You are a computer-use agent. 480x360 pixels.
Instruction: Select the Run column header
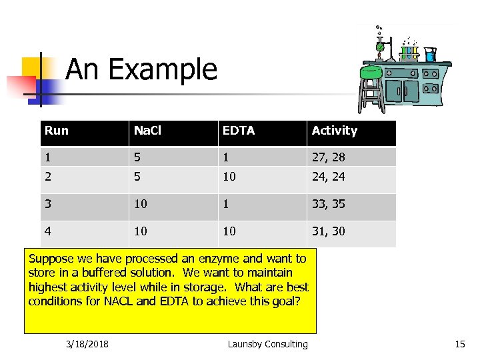[57, 131]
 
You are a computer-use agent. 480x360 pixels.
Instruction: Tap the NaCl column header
[147, 131]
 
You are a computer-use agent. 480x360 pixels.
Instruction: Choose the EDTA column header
[239, 131]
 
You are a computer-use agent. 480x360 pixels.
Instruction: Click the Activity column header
[335, 131]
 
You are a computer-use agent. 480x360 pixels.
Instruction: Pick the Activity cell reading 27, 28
[329, 157]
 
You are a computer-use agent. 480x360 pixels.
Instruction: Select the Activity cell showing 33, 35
[329, 204]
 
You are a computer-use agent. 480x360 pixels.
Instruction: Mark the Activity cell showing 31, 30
[329, 231]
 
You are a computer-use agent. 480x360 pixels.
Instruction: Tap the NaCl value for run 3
[140, 204]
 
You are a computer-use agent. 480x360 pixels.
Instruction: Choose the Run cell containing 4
[48, 231]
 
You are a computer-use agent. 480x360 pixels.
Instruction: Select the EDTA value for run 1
[226, 157]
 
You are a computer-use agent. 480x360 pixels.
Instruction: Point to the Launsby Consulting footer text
[267, 344]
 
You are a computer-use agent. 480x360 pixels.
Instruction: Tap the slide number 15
[459, 344]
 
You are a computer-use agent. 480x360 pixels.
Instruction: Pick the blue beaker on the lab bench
[430, 55]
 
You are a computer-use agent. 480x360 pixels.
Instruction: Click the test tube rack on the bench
[409, 52]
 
